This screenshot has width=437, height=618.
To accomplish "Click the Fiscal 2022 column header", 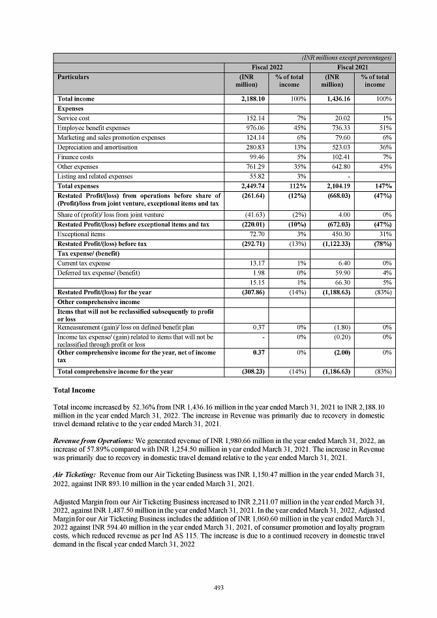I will (266, 67).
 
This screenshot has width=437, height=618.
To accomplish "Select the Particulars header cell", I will (73, 77).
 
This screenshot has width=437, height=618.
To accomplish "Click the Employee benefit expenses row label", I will (94, 128).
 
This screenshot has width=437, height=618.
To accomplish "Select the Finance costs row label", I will (74, 157).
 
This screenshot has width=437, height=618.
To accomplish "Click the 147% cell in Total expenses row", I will (382, 187).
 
